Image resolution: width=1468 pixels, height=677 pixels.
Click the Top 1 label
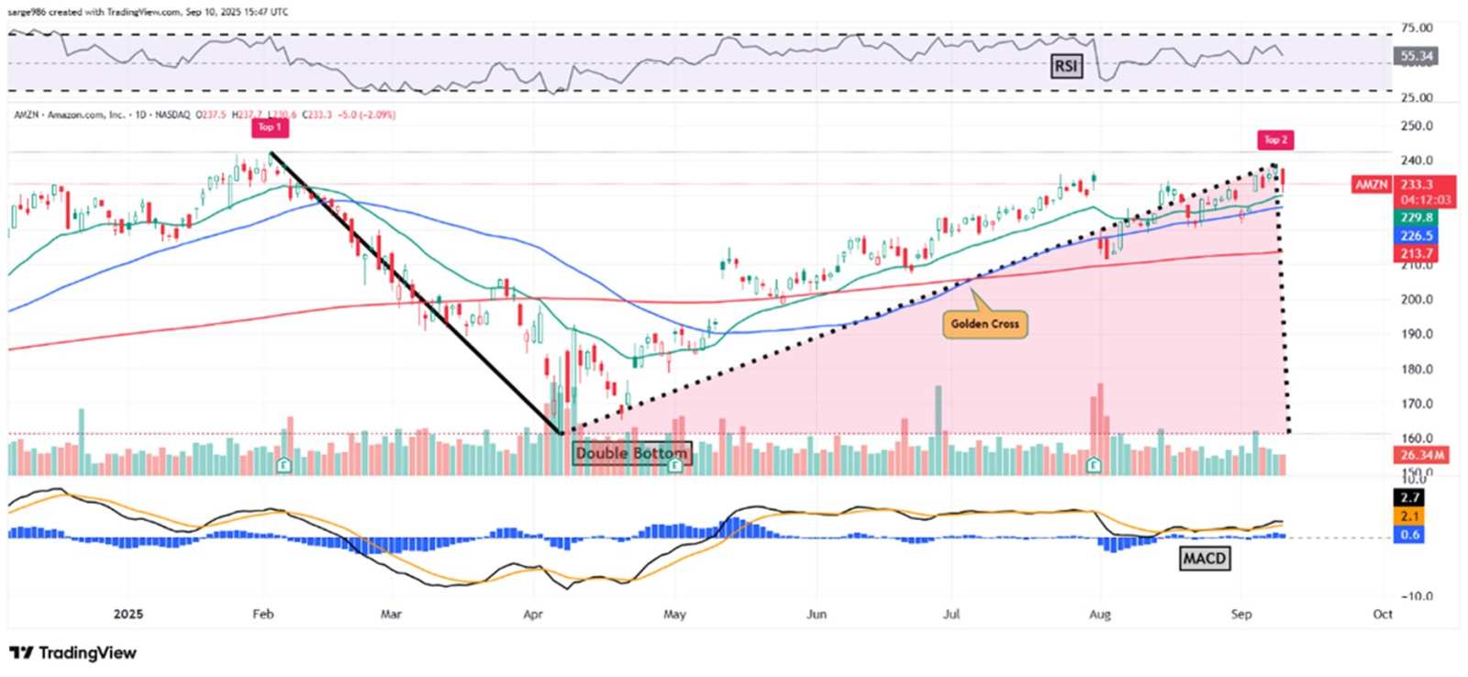point(269,128)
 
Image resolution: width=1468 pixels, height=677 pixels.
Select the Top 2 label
point(1275,140)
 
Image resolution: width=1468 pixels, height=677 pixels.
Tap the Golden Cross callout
point(984,324)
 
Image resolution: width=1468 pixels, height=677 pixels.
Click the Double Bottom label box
point(631,453)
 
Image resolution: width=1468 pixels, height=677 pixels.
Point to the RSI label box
point(1065,66)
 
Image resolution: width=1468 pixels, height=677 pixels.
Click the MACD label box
point(1204,559)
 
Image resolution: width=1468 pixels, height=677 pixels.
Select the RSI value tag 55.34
point(1416,56)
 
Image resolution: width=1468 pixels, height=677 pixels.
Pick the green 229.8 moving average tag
point(1416,217)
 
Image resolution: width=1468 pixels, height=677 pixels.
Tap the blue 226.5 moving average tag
point(1416,236)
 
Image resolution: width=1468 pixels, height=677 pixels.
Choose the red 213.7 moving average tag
point(1416,253)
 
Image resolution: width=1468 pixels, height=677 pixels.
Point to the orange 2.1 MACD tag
point(1409,516)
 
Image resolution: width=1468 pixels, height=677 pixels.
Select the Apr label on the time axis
point(533,615)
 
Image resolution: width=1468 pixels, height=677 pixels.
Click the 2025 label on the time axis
point(128,615)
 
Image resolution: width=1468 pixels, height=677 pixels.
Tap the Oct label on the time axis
point(1382,615)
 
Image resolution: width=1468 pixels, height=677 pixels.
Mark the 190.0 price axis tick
point(1416,334)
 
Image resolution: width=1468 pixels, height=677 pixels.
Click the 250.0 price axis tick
point(1416,126)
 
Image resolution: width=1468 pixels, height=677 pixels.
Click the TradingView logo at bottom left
point(73,653)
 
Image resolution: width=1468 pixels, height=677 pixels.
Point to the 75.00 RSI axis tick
point(1416,28)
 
